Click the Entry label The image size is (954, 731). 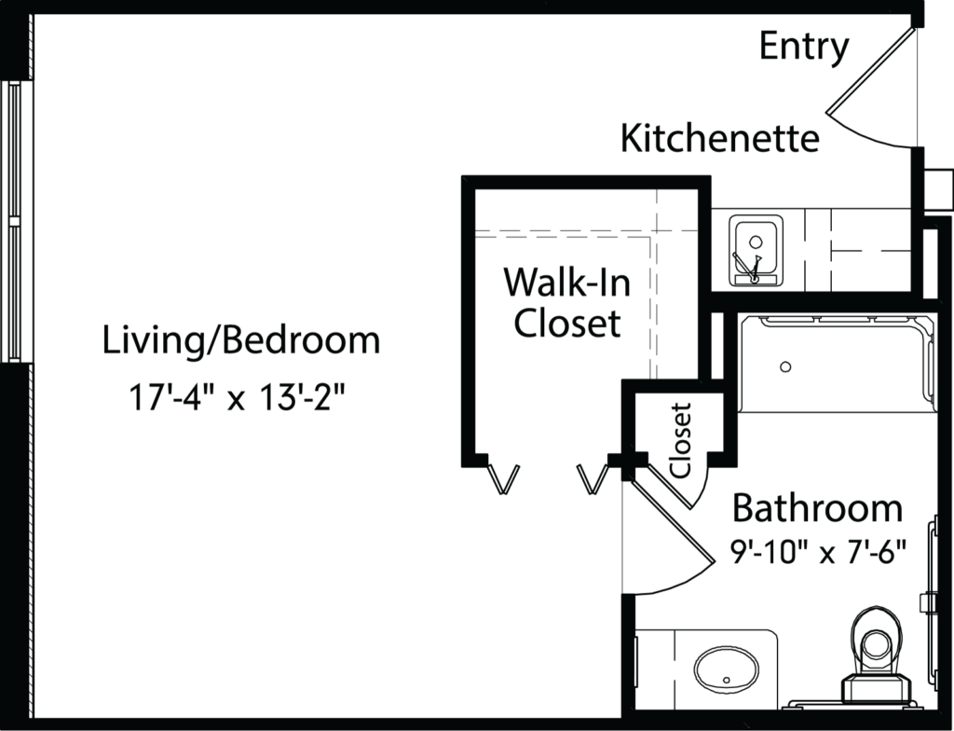click(804, 47)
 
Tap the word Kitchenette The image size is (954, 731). click(720, 138)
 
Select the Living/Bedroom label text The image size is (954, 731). click(241, 340)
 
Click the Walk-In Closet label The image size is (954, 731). click(567, 302)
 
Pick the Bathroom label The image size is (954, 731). click(817, 509)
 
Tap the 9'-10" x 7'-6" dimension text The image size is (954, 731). click(818, 553)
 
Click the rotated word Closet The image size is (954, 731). click(681, 440)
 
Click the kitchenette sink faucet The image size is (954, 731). click(750, 267)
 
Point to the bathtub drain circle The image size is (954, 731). click(785, 366)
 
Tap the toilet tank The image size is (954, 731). click(876, 690)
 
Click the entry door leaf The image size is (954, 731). click(871, 70)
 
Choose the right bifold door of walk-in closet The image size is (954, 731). click(593, 479)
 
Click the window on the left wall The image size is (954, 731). click(12, 221)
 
